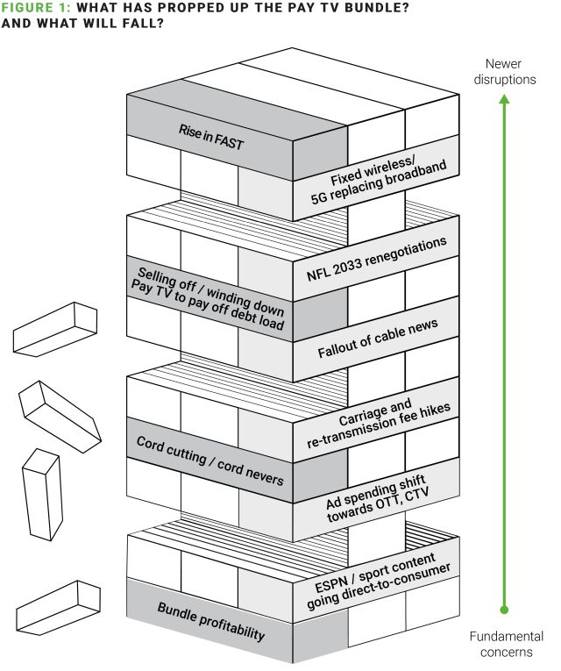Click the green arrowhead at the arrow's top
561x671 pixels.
[503, 102]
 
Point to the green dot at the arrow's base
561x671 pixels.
[503, 608]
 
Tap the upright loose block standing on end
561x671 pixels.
[43, 494]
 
